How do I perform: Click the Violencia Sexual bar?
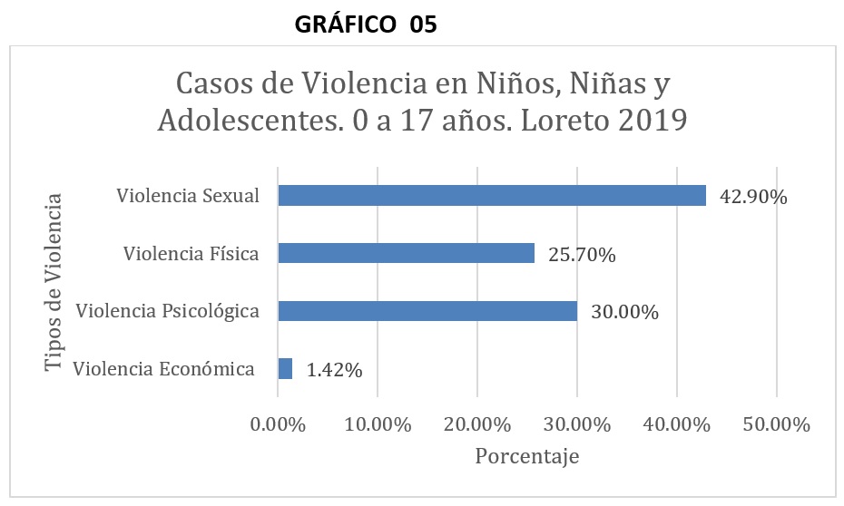click(491, 195)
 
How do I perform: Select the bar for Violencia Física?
click(406, 253)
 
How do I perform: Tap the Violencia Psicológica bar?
click(427, 311)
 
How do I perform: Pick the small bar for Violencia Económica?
click(285, 368)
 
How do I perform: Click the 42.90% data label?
click(753, 196)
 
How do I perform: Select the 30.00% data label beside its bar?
click(624, 313)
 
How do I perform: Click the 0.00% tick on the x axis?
click(276, 424)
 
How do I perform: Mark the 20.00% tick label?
click(476, 424)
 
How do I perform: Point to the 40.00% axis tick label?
click(676, 424)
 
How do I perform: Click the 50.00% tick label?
click(777, 424)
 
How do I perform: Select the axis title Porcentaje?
click(526, 456)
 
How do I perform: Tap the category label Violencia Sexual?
click(188, 196)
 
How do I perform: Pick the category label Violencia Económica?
click(163, 369)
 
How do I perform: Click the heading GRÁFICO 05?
click(367, 25)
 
